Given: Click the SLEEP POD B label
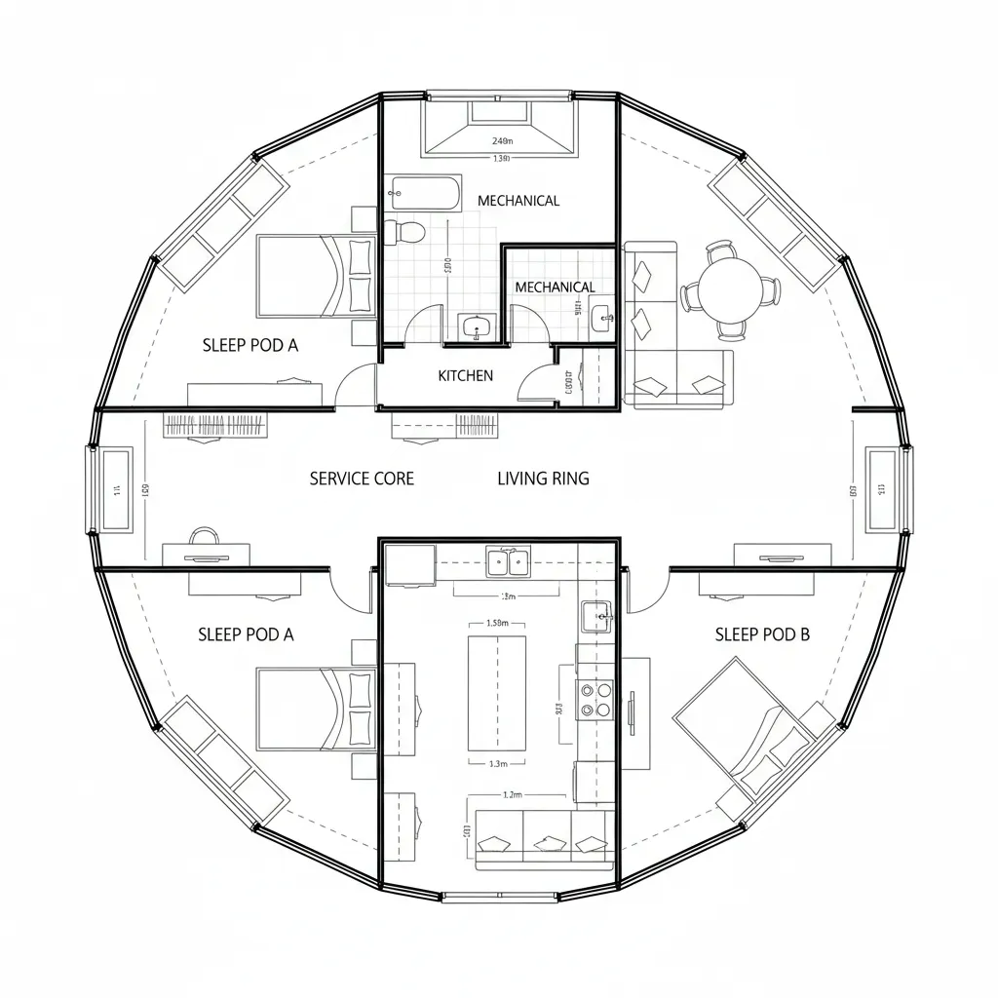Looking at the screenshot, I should [x=762, y=634].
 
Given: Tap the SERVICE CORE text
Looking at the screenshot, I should [x=362, y=479].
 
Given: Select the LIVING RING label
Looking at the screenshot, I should [x=543, y=479].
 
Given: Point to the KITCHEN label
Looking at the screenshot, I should [x=465, y=375].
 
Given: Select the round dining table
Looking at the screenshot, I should [x=730, y=289].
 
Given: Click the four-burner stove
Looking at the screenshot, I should [x=595, y=699].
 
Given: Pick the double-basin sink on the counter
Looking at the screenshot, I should [x=509, y=560].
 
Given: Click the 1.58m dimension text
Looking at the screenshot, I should [x=497, y=623].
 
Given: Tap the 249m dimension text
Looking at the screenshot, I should [x=502, y=139].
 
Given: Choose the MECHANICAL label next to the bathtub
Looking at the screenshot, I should [x=518, y=201].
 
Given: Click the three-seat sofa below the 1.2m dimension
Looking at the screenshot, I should [x=544, y=838].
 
